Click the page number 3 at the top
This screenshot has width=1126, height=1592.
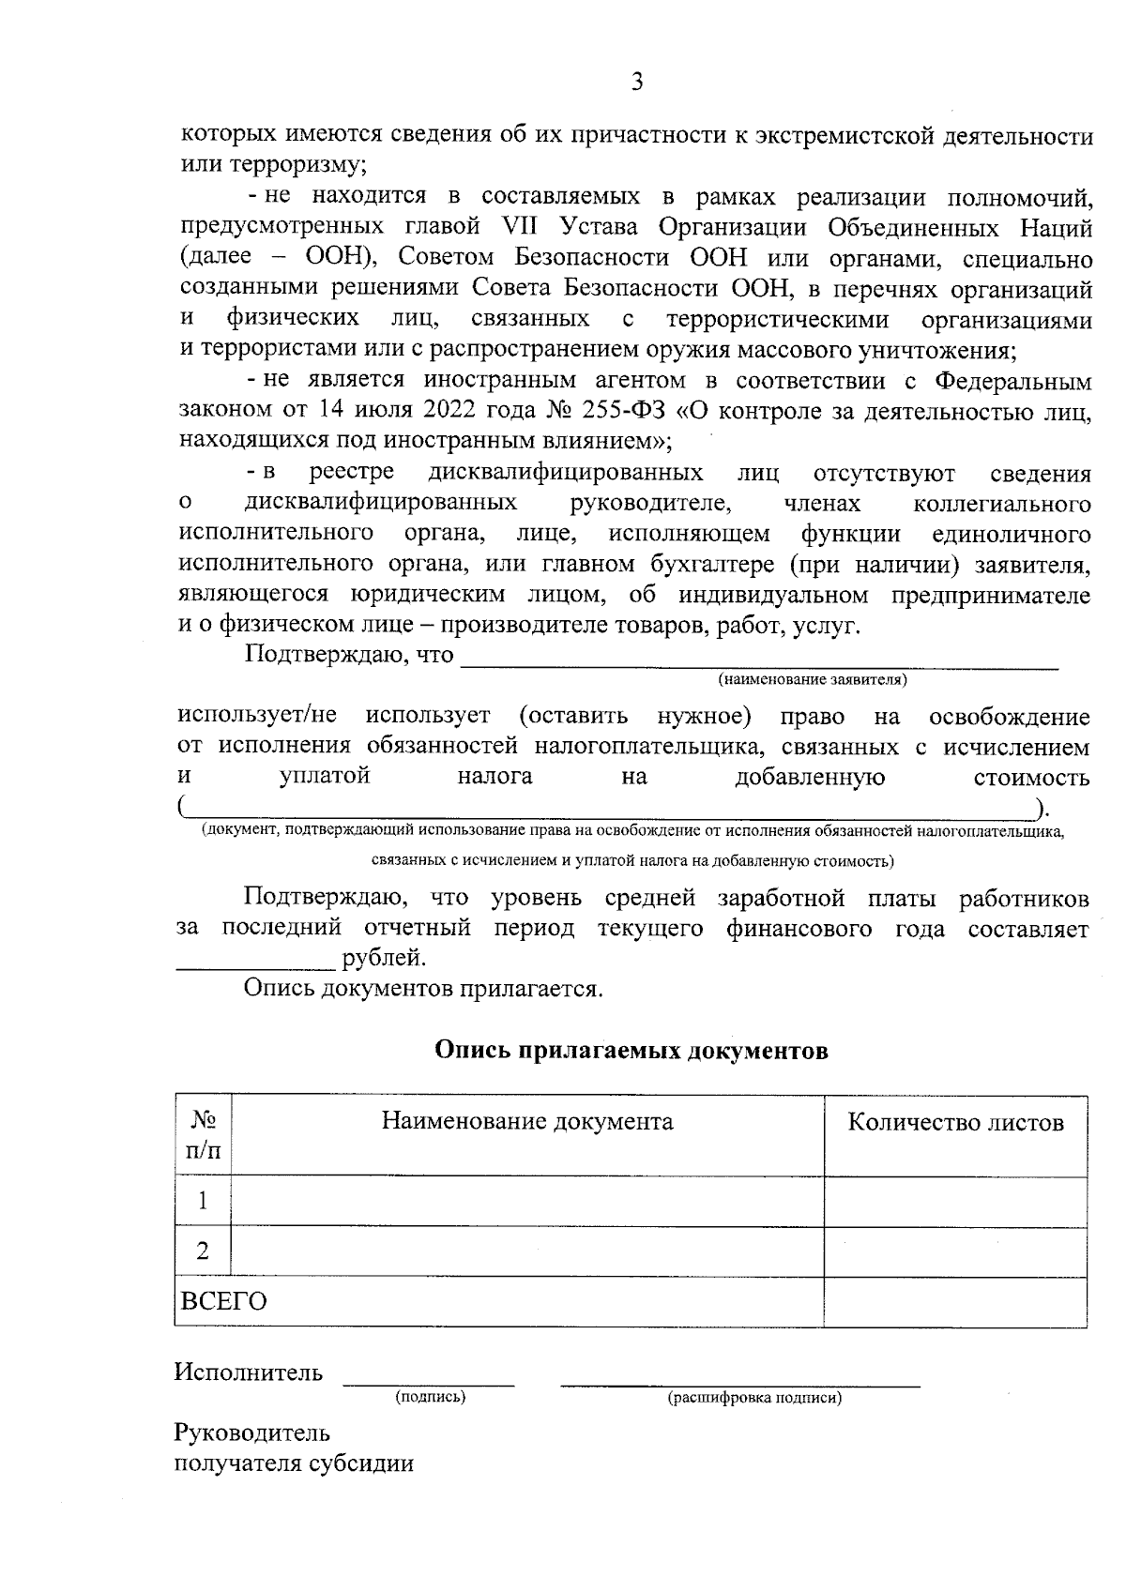coord(637,83)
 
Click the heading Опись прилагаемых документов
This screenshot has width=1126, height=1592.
coord(631,1050)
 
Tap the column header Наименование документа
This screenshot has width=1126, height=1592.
coord(526,1122)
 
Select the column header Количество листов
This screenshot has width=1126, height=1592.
coord(955,1122)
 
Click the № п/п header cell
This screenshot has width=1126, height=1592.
coord(204,1136)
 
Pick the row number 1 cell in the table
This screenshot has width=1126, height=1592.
coord(203,1201)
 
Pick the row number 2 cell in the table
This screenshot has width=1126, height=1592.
coord(203,1251)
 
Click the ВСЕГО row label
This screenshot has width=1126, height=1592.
coord(223,1301)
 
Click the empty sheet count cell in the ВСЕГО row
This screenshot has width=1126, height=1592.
coord(955,1301)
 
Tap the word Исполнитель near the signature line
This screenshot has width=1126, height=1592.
coord(249,1373)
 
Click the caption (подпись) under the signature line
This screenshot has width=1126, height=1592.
coord(430,1398)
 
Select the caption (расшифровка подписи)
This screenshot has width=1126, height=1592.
coord(754,1399)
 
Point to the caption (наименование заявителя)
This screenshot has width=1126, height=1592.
coord(813,679)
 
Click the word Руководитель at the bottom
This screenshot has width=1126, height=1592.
coord(252,1433)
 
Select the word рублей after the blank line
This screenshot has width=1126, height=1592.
coord(385,959)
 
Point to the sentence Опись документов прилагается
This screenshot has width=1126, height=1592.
coord(423,989)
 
